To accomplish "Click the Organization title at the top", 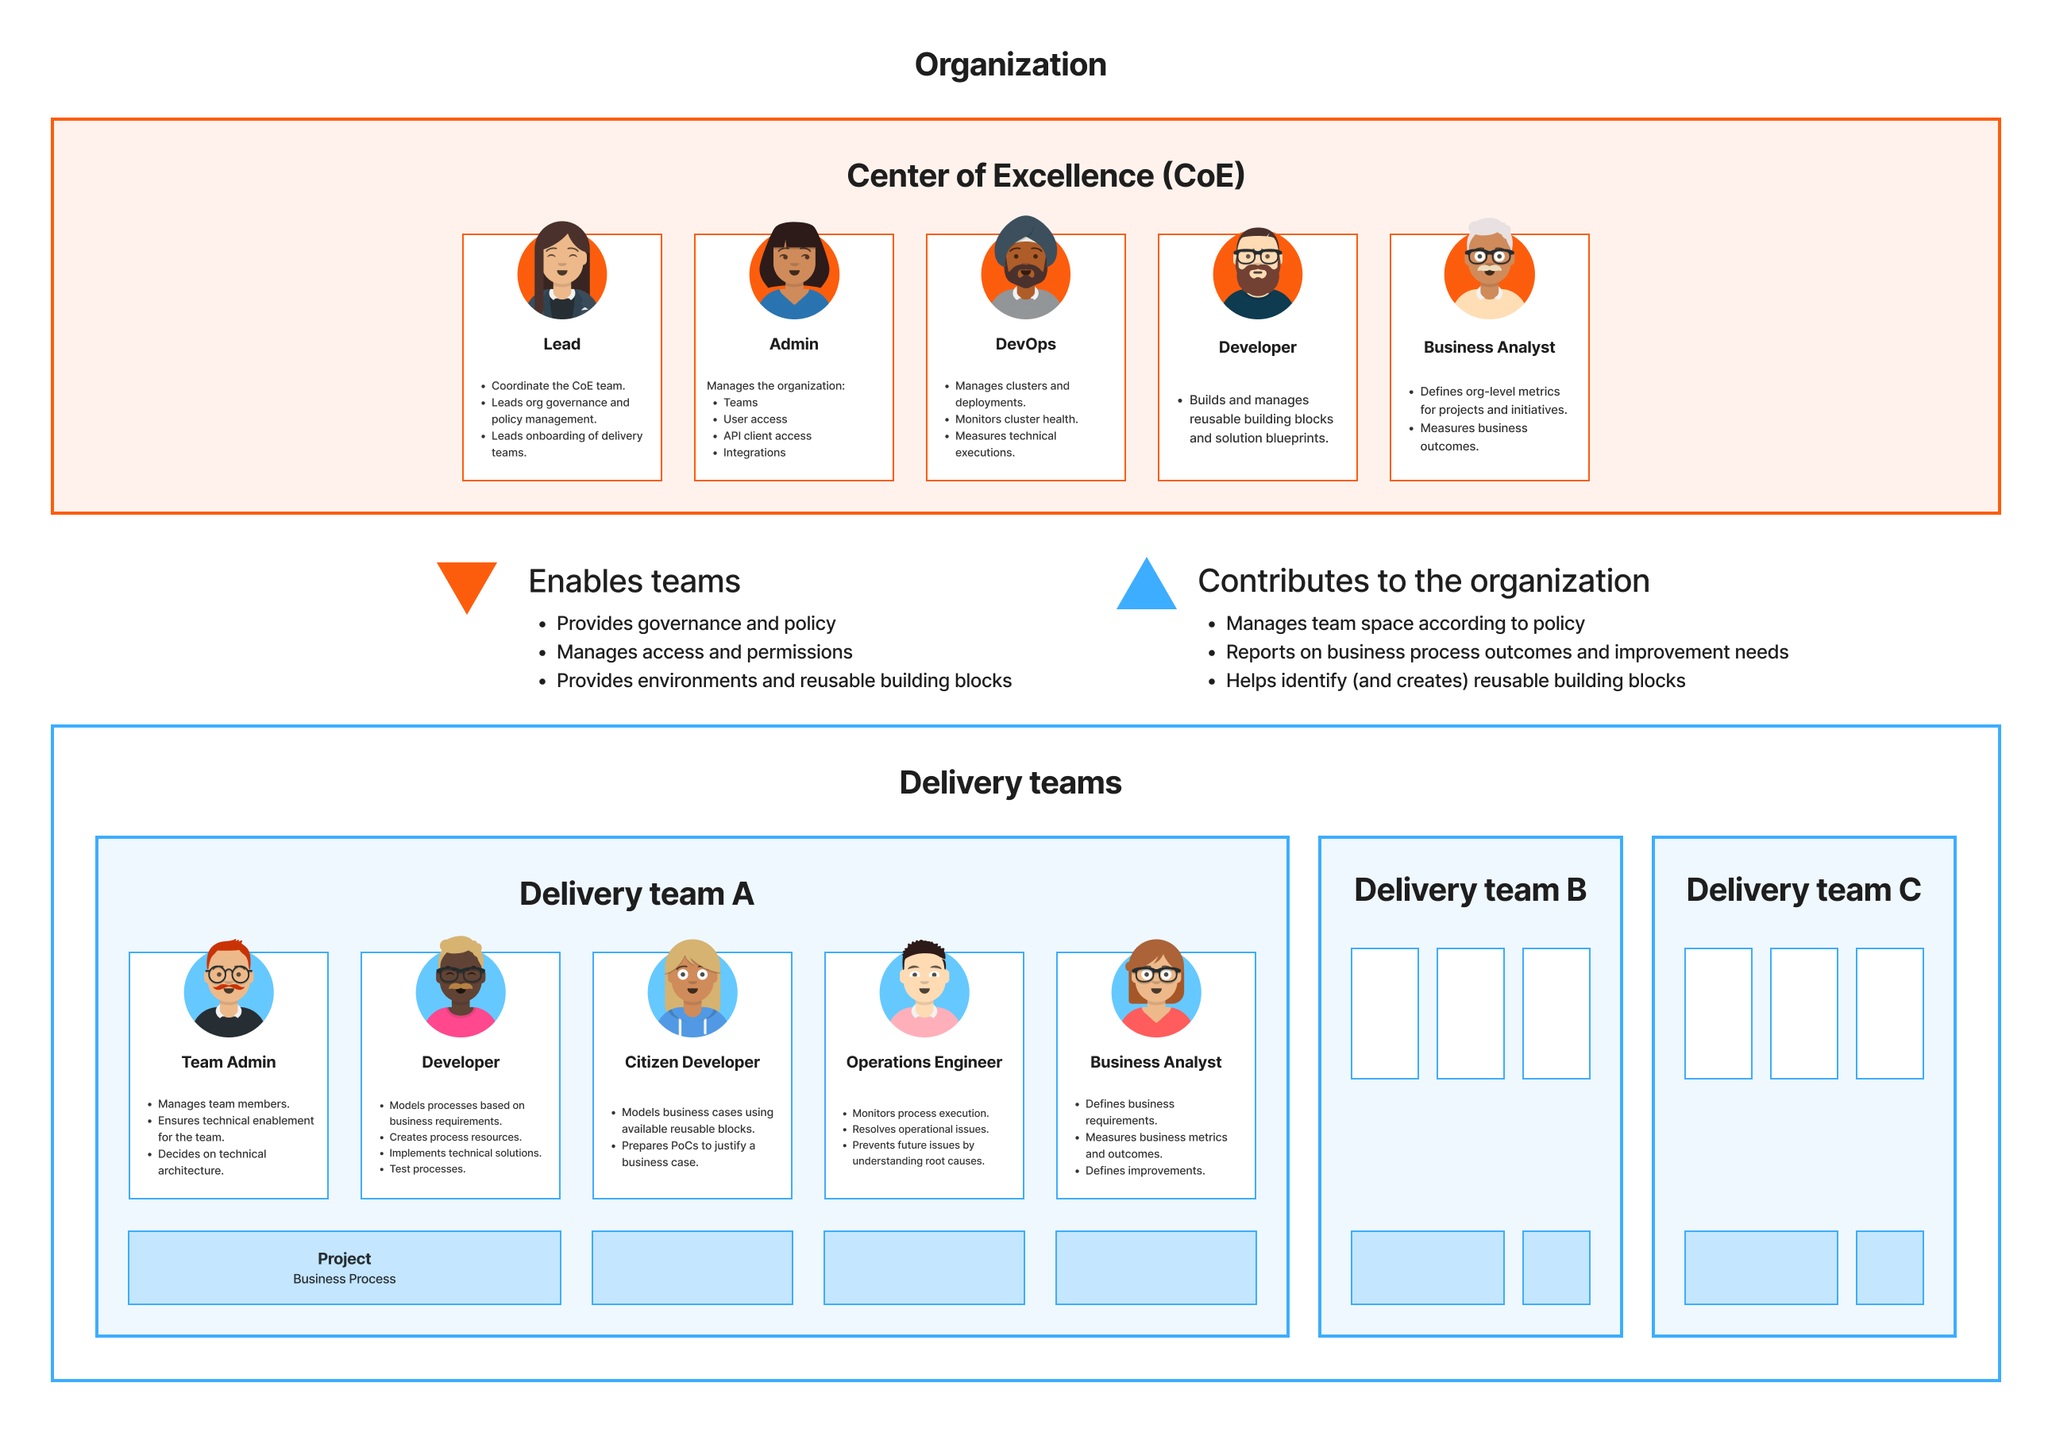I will (1010, 64).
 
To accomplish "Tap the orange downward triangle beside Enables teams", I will (466, 583).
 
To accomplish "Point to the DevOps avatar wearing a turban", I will (1025, 268).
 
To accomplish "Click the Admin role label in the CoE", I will (793, 344).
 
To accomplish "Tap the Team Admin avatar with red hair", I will (229, 989).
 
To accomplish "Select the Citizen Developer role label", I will (692, 1062).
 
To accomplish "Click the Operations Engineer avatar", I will (924, 989).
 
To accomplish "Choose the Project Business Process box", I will (344, 1268).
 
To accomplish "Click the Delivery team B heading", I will (1470, 890).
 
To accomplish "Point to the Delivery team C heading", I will (1803, 890).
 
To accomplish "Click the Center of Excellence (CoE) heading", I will (1045, 176).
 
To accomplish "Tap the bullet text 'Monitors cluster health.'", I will (1016, 419).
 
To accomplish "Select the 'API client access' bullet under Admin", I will (767, 436).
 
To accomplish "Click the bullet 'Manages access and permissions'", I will (704, 651).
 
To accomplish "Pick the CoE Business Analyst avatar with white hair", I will (1489, 270).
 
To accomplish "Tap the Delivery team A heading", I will (636, 894).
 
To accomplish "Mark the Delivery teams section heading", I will (1010, 782).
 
